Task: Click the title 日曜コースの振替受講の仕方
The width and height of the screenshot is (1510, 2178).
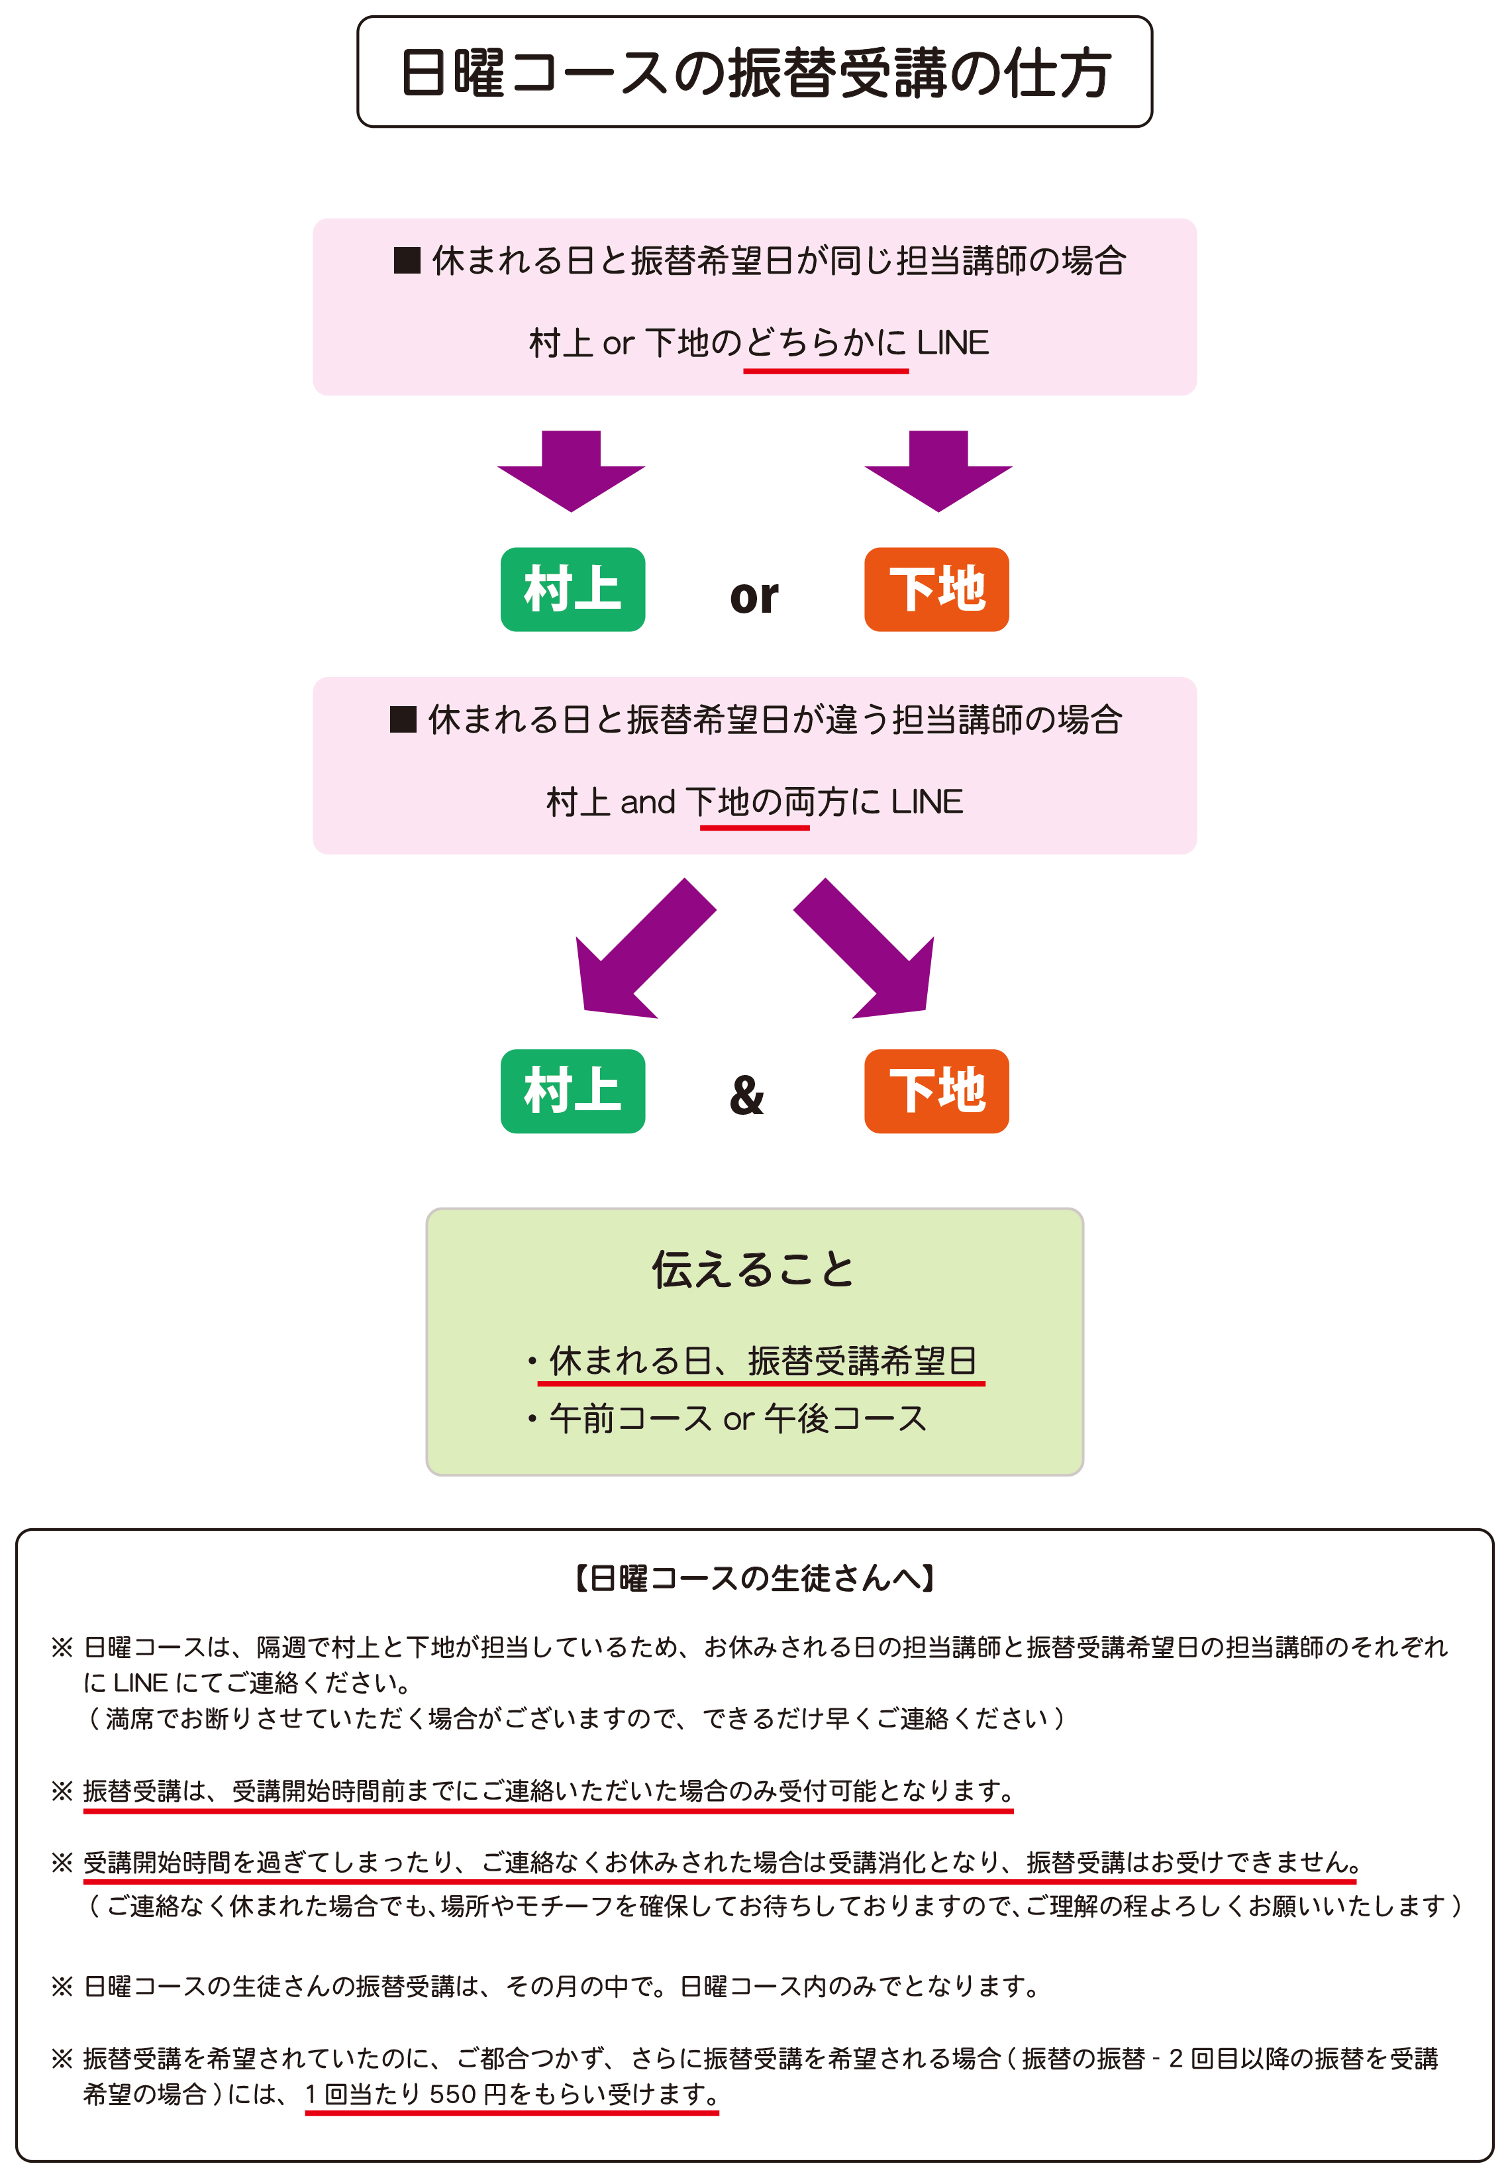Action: [x=754, y=73]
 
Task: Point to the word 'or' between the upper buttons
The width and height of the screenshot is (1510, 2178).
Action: [x=754, y=596]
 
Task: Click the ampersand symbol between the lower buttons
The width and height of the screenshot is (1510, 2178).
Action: [x=746, y=1095]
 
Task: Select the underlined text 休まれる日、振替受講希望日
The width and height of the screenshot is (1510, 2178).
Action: [x=762, y=1361]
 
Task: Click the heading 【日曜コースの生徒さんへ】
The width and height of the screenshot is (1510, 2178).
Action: [x=754, y=1577]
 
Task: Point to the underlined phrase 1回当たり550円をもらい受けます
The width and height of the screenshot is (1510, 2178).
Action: [x=511, y=2094]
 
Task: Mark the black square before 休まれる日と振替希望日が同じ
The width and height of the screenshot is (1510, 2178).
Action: [x=407, y=260]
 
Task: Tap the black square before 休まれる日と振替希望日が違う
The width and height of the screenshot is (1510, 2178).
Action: [x=403, y=720]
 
